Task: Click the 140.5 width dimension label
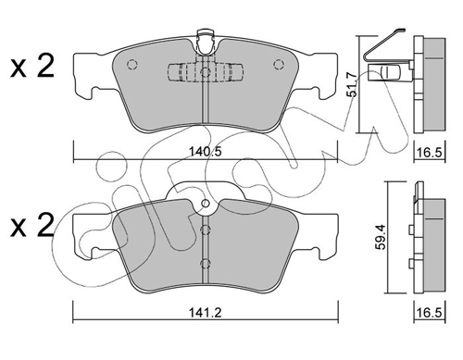206,152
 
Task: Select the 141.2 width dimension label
206,313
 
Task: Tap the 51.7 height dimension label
352,84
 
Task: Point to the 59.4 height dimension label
381,237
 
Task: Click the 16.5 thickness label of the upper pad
429,152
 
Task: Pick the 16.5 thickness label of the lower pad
429,313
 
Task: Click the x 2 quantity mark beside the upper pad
32,66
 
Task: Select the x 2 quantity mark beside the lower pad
32,226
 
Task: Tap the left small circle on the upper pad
132,64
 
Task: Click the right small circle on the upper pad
279,64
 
